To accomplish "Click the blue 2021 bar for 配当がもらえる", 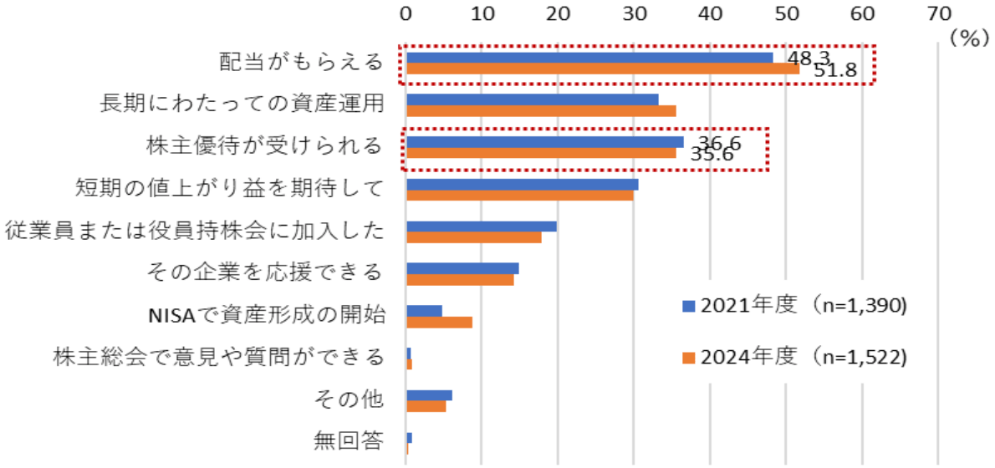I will [x=589, y=58].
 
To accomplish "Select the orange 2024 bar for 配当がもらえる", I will [x=602, y=69].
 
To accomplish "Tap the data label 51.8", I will [x=836, y=70].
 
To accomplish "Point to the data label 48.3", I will [x=809, y=58].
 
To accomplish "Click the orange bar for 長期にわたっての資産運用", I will [x=541, y=111].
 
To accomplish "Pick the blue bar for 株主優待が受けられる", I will [x=544, y=142].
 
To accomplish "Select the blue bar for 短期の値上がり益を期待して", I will [x=522, y=184].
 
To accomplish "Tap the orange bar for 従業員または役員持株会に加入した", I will [x=473, y=237].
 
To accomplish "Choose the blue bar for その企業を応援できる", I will [x=462, y=268].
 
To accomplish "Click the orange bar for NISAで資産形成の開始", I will [x=439, y=322].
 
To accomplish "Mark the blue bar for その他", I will [x=429, y=394].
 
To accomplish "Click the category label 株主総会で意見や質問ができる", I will [x=218, y=358].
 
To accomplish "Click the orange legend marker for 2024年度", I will [x=689, y=358].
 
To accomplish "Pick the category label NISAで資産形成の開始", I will [x=266, y=316].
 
